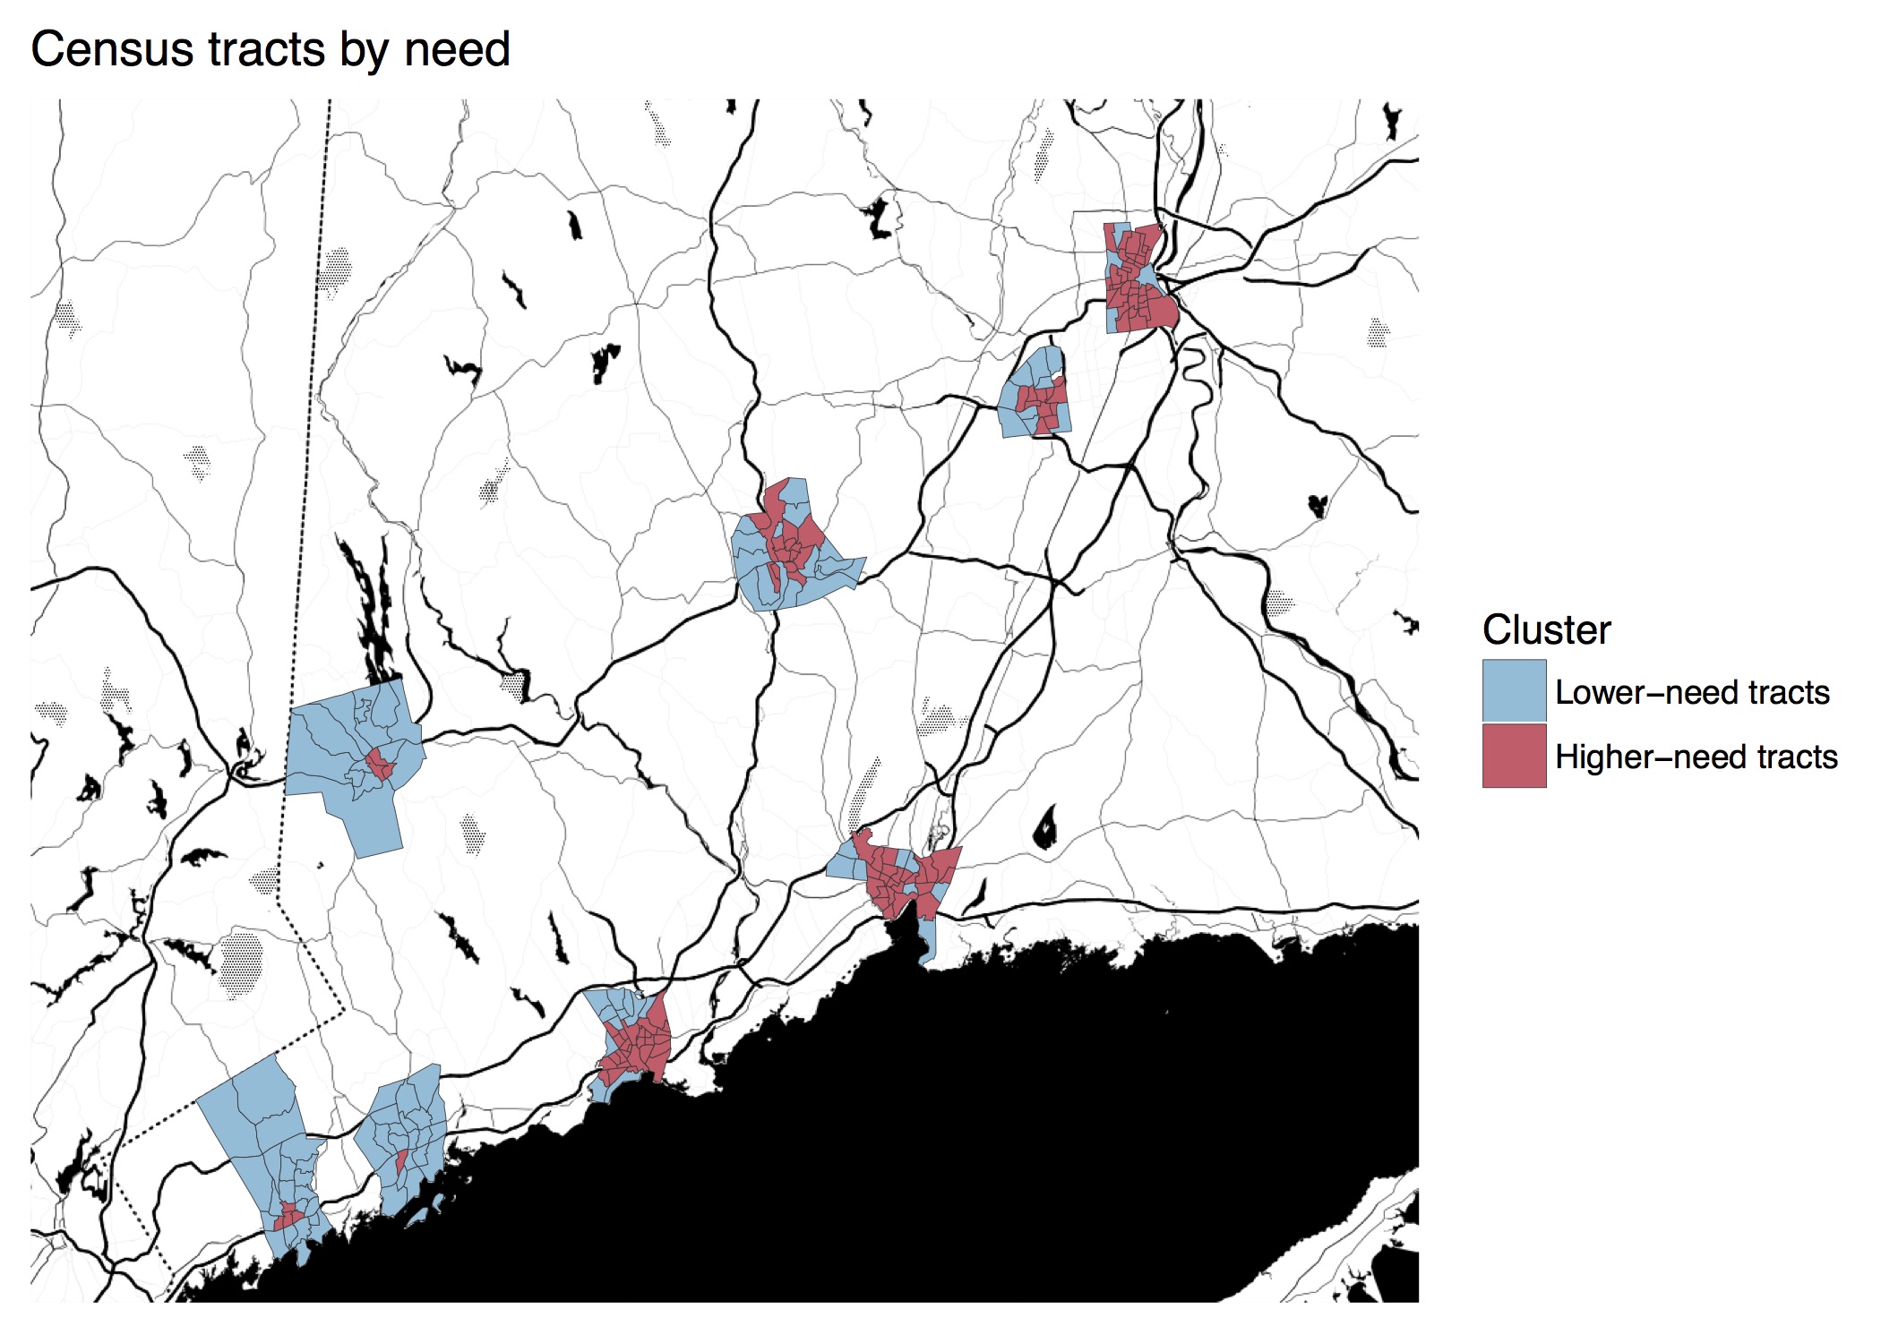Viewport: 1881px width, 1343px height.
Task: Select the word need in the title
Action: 457,49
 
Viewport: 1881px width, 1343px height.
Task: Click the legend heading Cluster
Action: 1546,629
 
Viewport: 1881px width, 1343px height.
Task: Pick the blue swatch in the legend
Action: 1514,690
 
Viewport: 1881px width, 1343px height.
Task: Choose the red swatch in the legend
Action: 1514,756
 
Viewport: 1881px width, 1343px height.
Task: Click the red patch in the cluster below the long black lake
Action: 379,766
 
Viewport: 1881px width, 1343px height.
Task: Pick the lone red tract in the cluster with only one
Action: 402,1161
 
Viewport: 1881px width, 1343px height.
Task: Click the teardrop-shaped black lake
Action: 1044,828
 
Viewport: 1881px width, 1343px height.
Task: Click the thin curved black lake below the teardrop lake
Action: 977,894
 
